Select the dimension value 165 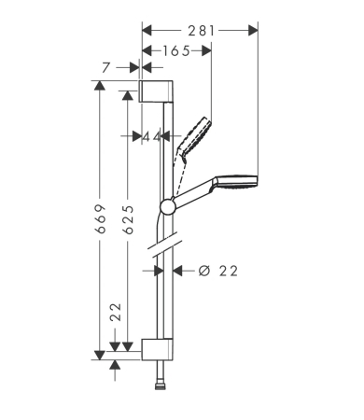coord(175,50)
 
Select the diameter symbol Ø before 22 coord(203,272)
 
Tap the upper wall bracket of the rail coord(156,91)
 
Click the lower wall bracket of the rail coord(156,350)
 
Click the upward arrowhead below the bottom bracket coord(116,365)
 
